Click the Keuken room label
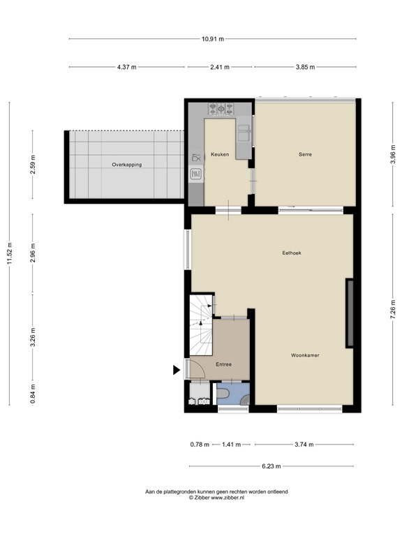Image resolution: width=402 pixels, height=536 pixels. click(221, 154)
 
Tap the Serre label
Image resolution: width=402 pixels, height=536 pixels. click(304, 154)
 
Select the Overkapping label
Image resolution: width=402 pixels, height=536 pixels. click(126, 165)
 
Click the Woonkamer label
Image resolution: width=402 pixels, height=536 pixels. click(305, 355)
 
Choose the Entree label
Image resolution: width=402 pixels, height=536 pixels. click(223, 364)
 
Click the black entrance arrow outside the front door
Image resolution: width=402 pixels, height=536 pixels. click(177, 371)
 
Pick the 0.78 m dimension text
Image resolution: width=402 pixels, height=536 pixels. click(200, 444)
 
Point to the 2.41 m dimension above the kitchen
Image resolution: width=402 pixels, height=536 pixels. click(220, 67)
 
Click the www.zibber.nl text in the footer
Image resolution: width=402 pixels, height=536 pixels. click(228, 498)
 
